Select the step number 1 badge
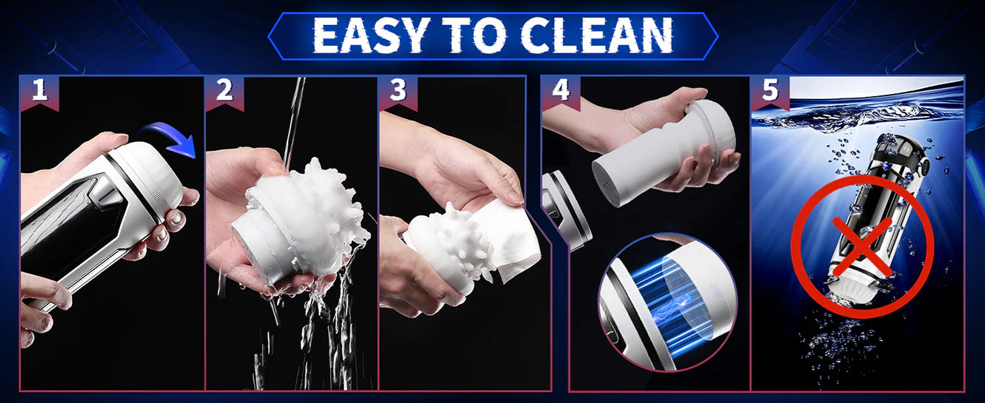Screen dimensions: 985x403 coord(39,92)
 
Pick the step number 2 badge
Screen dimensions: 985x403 coord(224,92)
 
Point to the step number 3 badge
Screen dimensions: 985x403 coord(398,92)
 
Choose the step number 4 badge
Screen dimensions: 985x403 coord(561,92)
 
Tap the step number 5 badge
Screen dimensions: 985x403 coord(770,92)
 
